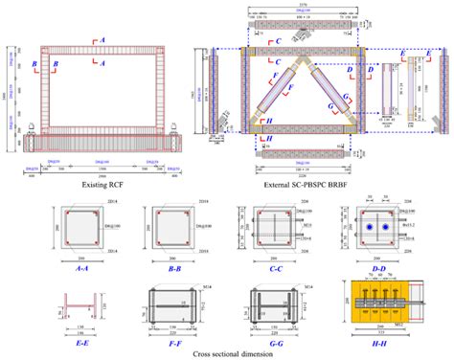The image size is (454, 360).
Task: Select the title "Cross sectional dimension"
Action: (227, 353)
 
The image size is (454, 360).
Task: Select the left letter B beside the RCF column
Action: (34, 65)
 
